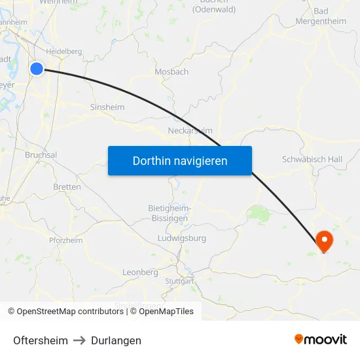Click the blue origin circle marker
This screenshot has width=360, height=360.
(x=37, y=68)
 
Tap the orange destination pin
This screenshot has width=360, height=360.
(x=324, y=240)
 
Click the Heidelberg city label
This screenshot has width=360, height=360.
(x=64, y=51)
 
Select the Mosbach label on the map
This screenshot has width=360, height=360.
(x=171, y=71)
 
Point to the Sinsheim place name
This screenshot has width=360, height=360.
(x=107, y=107)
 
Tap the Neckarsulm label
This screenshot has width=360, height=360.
(x=190, y=130)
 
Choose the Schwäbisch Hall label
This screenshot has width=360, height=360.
(x=312, y=159)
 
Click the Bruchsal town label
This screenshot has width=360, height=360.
(x=41, y=155)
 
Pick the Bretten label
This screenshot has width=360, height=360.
(x=67, y=187)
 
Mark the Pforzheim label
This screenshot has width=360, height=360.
(x=65, y=240)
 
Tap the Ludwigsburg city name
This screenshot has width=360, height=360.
(x=182, y=238)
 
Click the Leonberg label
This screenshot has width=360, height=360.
(x=140, y=272)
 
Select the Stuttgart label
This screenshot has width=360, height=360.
(x=180, y=281)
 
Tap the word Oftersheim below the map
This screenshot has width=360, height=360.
(x=41, y=340)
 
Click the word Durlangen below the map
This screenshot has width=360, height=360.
(x=116, y=340)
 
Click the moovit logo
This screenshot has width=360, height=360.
(x=321, y=340)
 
